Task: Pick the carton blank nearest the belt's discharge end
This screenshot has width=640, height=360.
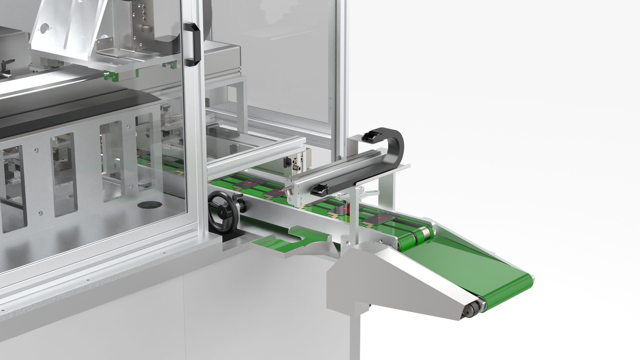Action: coord(380,219)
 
